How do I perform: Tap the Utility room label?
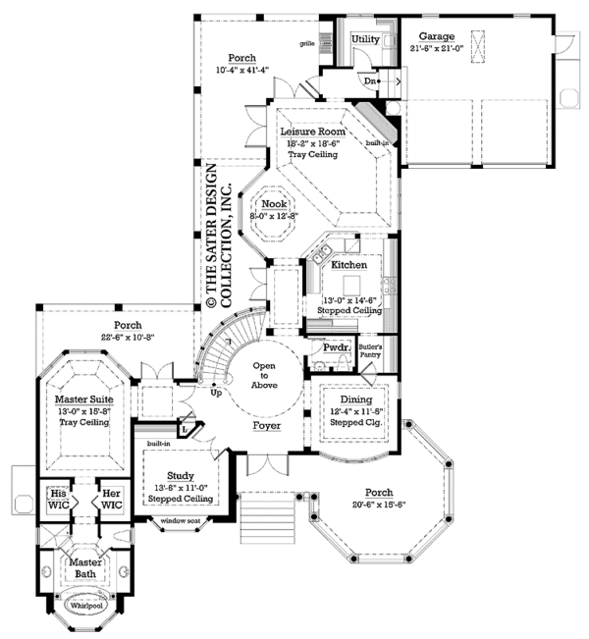coord(365,39)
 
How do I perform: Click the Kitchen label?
coord(348,265)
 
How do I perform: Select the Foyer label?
coord(266,427)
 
